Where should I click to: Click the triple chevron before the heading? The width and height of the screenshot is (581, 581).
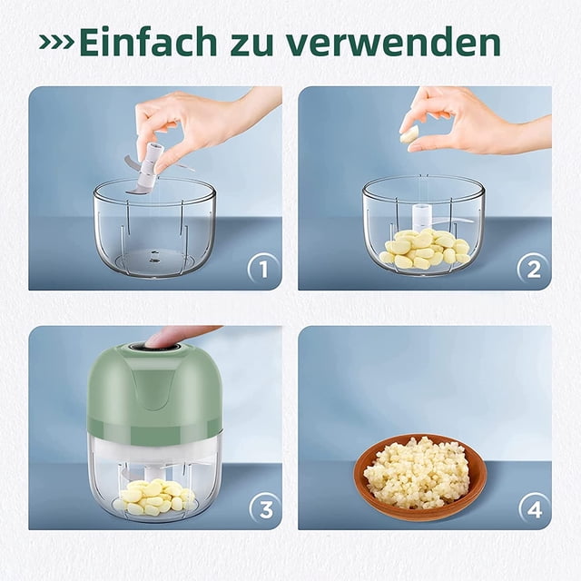(56, 43)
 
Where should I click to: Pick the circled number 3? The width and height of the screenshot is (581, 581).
(265, 510)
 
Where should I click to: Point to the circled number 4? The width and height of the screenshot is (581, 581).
(535, 510)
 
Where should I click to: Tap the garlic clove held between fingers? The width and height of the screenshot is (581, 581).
(410, 133)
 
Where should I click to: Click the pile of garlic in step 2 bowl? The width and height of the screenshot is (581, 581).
(425, 248)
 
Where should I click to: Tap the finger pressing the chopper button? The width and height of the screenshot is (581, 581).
(178, 335)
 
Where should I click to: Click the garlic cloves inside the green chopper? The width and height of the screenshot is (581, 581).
(155, 497)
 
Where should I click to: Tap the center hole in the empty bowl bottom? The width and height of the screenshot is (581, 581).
(153, 256)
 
